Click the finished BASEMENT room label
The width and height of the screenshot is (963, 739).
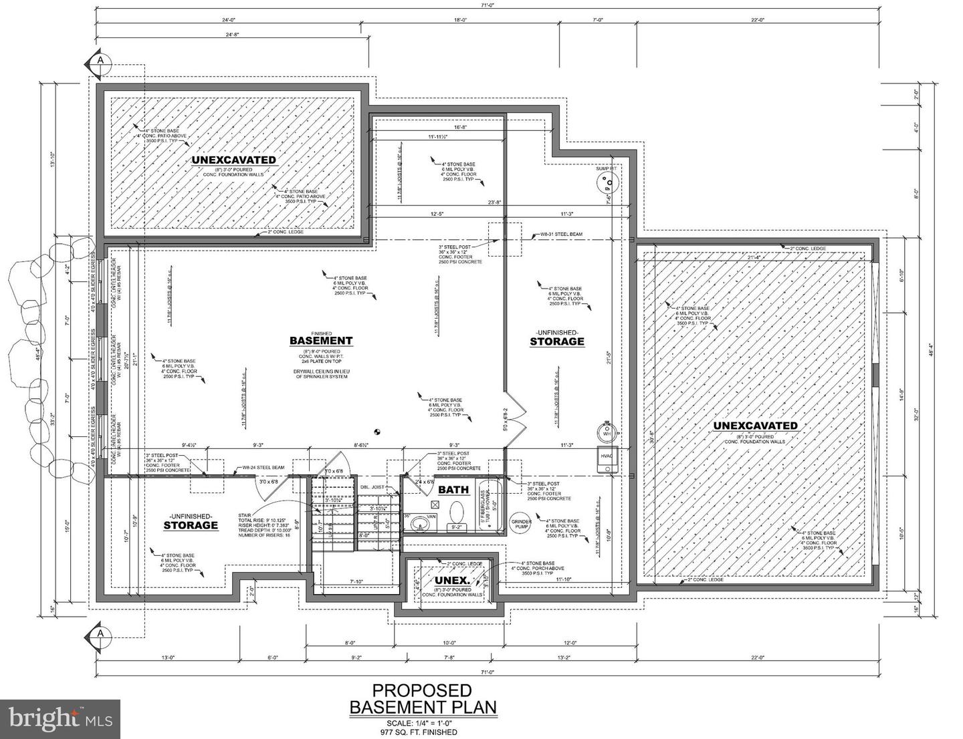coord(320,341)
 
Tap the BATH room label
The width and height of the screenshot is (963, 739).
coord(453,489)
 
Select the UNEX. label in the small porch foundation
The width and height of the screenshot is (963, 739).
coord(450,580)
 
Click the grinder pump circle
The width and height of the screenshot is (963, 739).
coord(521,524)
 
